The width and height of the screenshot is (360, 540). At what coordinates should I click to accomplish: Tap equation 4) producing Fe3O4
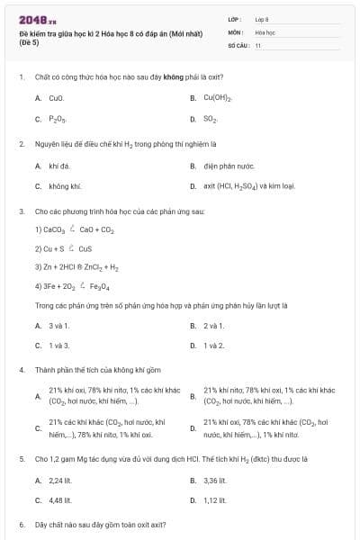click(x=72, y=286)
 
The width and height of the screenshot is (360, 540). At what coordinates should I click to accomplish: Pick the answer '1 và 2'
click(x=213, y=345)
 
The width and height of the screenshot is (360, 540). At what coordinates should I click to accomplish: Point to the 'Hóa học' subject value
click(x=265, y=31)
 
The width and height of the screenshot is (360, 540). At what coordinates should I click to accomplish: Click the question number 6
click(x=22, y=524)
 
